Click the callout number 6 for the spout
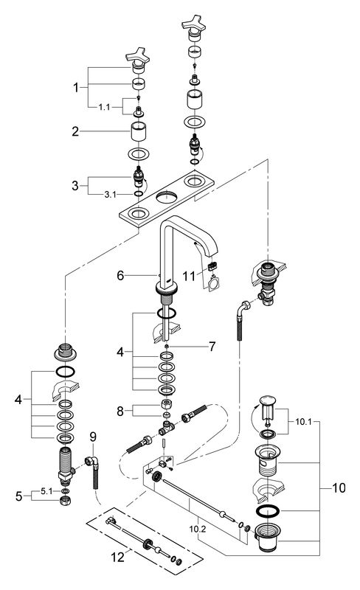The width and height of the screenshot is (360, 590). tap(120, 275)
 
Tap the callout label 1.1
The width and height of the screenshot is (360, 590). tap(104, 107)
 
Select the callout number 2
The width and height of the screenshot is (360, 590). tap(76, 131)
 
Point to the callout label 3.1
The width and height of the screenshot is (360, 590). tap(110, 194)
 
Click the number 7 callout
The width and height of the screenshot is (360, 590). tap(212, 347)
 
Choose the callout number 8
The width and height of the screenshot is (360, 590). tap(120, 412)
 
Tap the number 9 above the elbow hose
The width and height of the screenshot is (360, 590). tap(93, 437)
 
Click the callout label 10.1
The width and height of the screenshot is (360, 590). tap(303, 421)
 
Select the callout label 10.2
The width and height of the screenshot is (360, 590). tap(197, 529)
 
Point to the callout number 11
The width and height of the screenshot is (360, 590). tap(189, 276)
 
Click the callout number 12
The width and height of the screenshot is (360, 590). tap(118, 557)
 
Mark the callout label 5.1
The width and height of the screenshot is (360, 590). tap(46, 491)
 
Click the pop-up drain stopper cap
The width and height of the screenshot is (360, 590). tap(268, 400)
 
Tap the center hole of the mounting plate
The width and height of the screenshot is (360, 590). tap(167, 197)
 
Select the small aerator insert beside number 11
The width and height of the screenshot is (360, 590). tap(212, 266)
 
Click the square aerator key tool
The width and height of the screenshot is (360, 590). tap(213, 282)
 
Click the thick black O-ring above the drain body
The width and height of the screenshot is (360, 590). tap(267, 511)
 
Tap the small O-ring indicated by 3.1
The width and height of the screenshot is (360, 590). tap(138, 194)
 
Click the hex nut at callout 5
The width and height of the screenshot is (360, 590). tap(66, 501)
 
